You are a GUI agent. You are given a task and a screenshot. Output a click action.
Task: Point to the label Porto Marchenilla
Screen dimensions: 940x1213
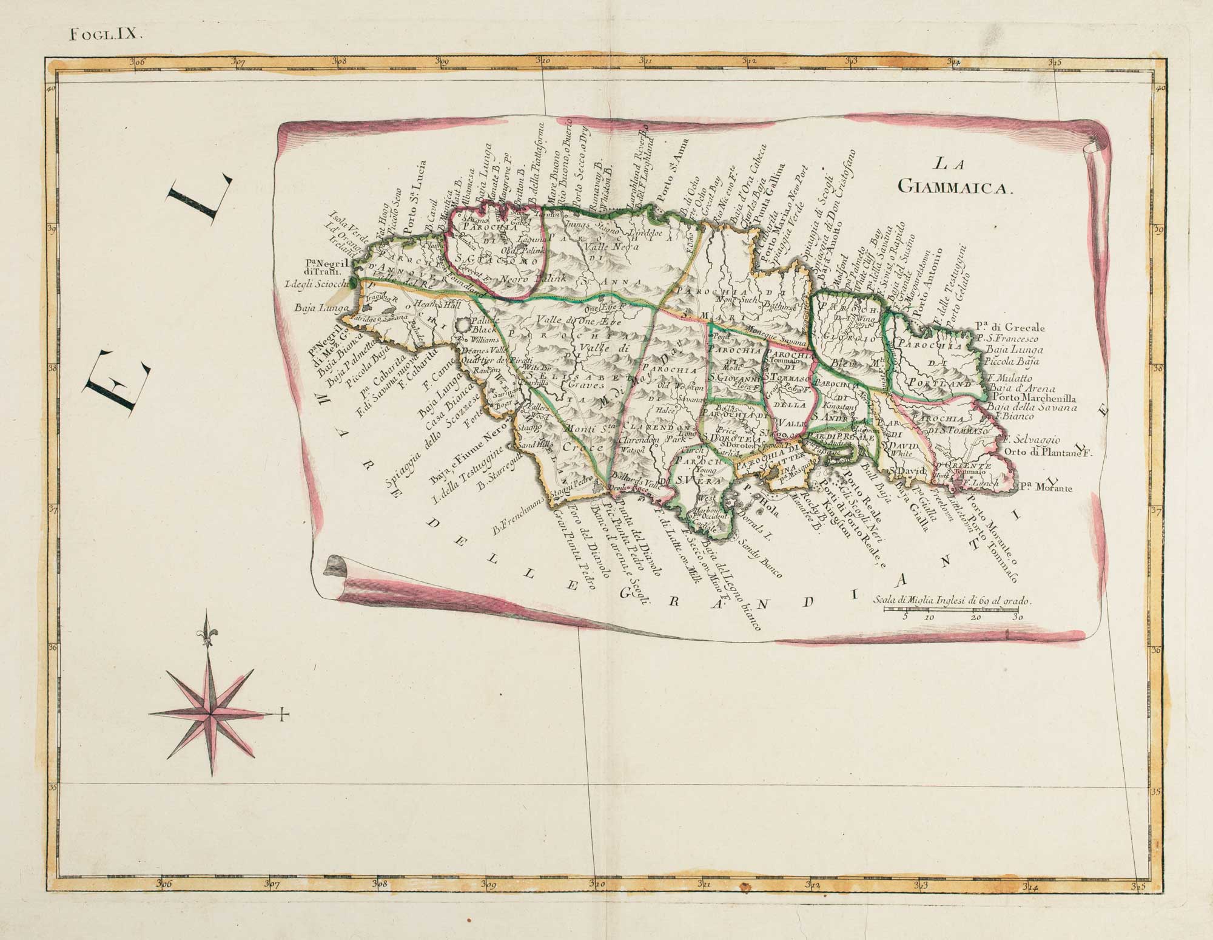[1032, 399]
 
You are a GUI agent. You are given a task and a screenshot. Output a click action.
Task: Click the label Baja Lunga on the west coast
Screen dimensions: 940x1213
[319, 309]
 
